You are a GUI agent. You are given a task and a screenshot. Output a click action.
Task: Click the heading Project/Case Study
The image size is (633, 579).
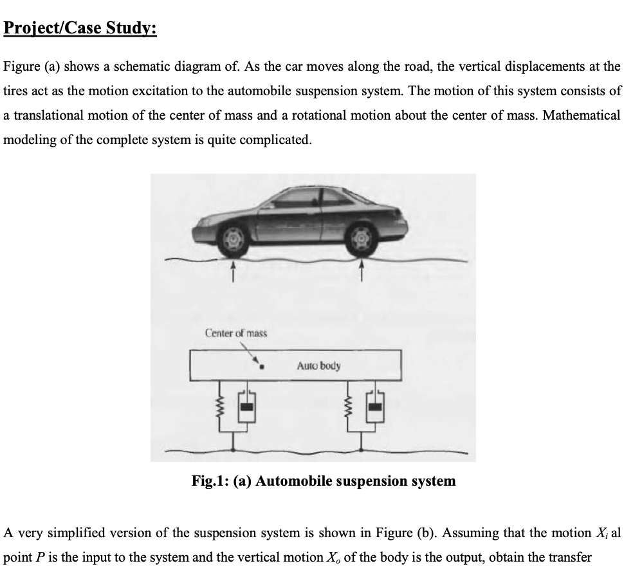point(80,30)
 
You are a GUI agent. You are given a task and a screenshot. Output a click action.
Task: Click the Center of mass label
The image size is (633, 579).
point(235,333)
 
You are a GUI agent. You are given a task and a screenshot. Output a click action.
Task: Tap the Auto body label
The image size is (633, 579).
point(319,365)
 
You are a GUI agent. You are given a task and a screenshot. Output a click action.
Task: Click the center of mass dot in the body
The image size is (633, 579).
point(262,370)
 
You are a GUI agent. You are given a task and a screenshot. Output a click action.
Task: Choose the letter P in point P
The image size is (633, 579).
point(37,557)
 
